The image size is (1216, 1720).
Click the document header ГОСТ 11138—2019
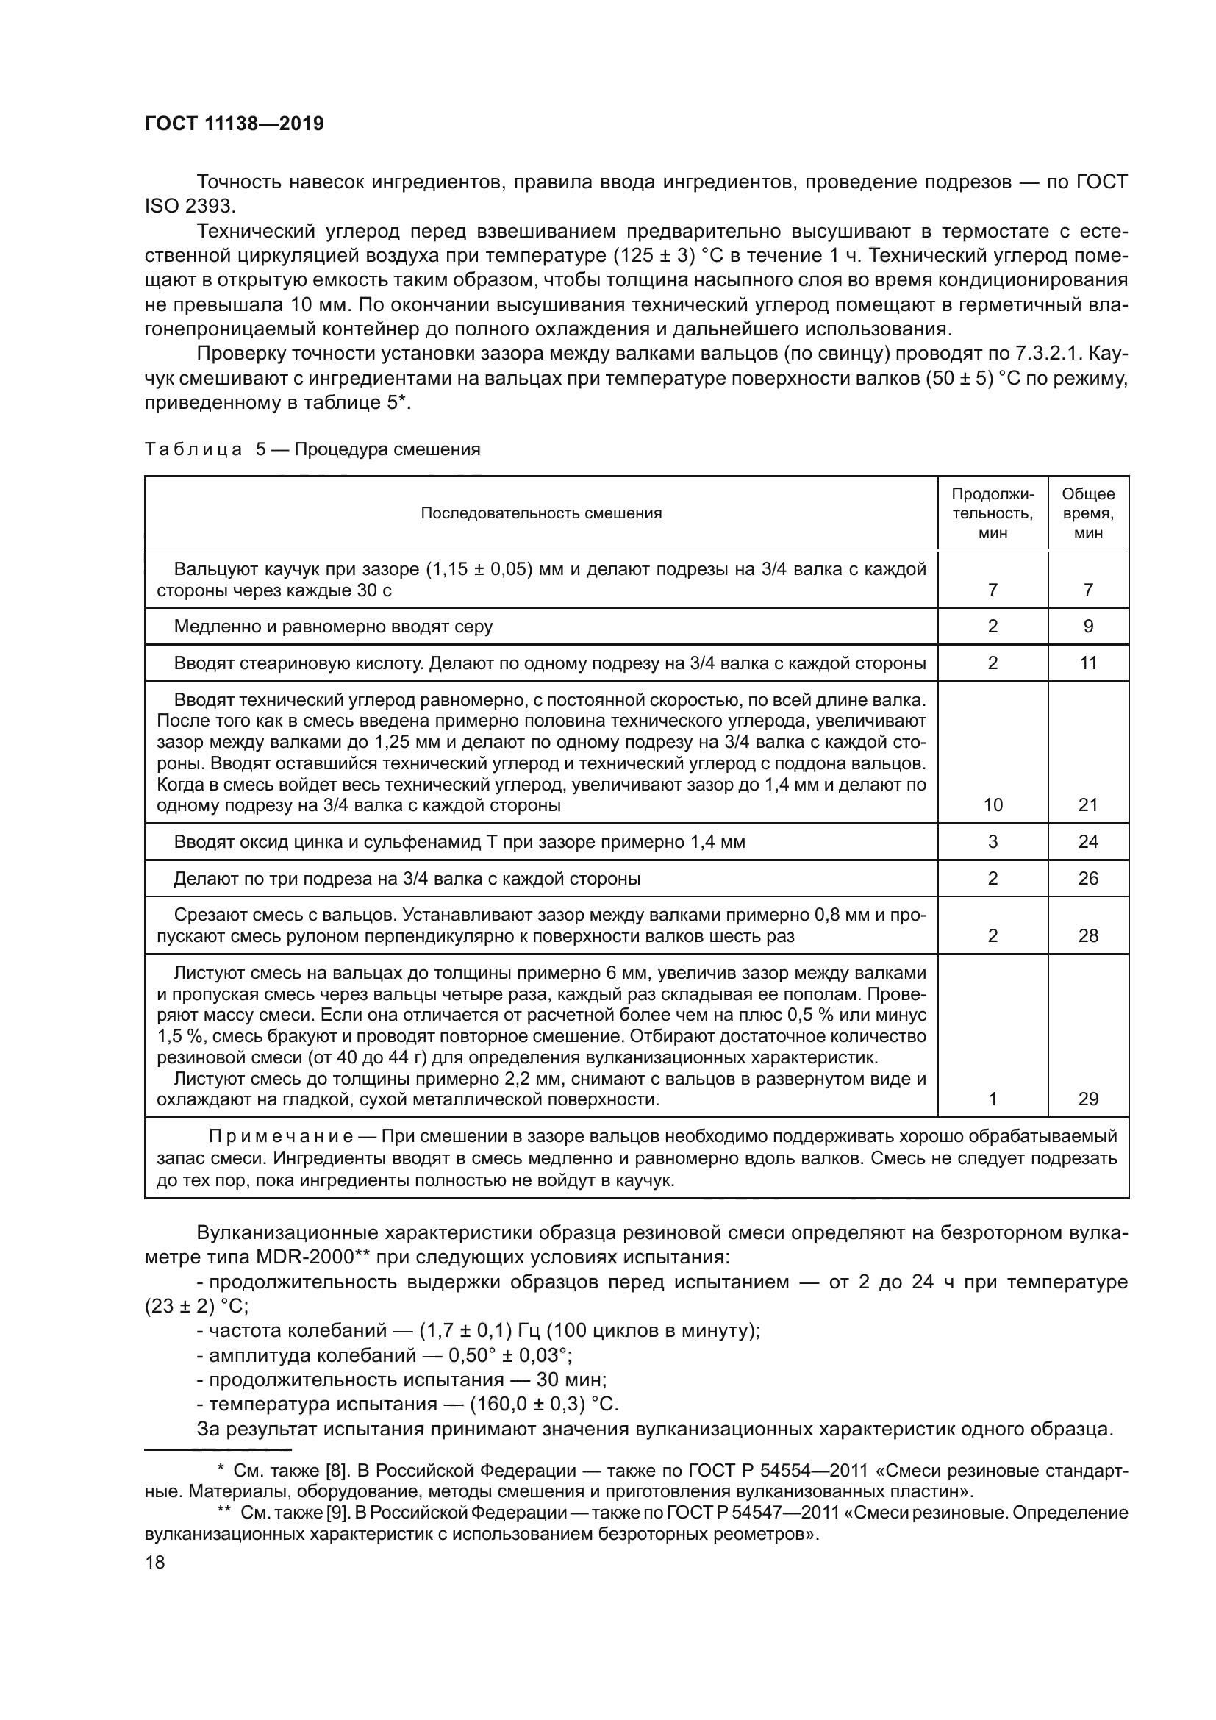click(235, 124)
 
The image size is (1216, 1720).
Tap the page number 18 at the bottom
click(155, 1562)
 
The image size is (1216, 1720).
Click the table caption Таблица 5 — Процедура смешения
click(312, 449)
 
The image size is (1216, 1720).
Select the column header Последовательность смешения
click(540, 513)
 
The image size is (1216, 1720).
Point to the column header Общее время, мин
click(1088, 513)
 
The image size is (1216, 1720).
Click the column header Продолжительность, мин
click(992, 513)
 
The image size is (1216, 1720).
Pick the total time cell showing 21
click(1088, 804)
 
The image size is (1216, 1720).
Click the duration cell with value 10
click(993, 804)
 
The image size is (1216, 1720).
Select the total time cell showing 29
click(1088, 1099)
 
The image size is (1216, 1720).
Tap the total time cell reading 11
click(1088, 663)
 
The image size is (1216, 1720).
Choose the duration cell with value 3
click(993, 841)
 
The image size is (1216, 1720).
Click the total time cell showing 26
click(1088, 878)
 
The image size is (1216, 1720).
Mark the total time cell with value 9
click(1088, 627)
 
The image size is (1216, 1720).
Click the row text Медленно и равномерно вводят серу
click(333, 627)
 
